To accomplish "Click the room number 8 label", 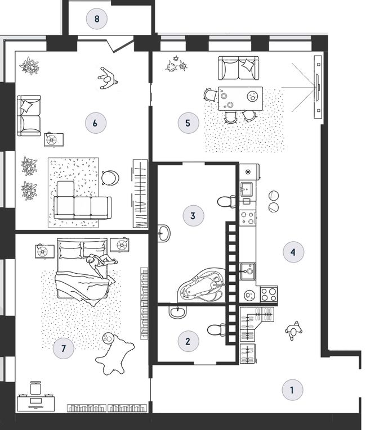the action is (96, 19).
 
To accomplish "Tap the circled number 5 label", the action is (188, 123).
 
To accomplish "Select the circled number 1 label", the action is (292, 390).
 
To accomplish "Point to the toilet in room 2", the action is (216, 329).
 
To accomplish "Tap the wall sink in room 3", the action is (164, 233).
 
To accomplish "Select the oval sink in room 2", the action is (177, 313).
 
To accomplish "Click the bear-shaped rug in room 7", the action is (115, 355).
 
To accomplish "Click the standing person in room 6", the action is (108, 79).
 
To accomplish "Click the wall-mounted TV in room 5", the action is (318, 87).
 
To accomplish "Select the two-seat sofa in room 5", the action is (239, 68).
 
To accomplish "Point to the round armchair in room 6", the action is (110, 178).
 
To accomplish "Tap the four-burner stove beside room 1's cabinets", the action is (269, 294).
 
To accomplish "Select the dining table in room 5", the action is (240, 98).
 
